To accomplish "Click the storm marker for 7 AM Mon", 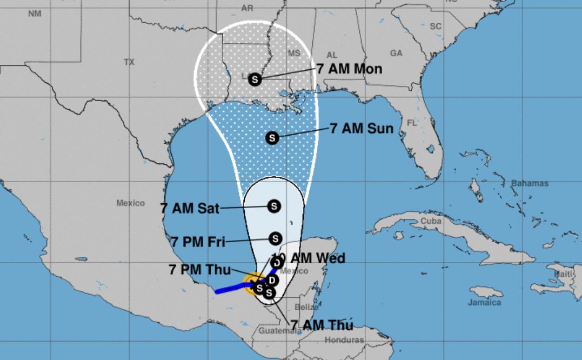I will tap(255, 79).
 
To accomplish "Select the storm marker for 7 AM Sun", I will tap(272, 138).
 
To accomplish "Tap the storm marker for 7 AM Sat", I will tap(274, 206).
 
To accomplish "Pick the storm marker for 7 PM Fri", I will tap(275, 238).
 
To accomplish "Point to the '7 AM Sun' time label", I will tap(361, 129).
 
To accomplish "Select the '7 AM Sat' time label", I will tap(190, 208).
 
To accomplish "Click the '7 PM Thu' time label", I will tap(199, 270).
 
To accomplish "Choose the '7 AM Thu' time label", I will tap(322, 325).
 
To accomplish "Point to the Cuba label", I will tap(431, 221).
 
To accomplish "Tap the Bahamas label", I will tap(530, 184).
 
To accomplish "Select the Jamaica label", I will tap(485, 303).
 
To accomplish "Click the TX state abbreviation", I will tap(129, 62).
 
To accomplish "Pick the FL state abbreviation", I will tap(412, 123).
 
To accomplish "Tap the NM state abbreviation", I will tap(35, 14).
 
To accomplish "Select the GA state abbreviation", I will tap(396, 53).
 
